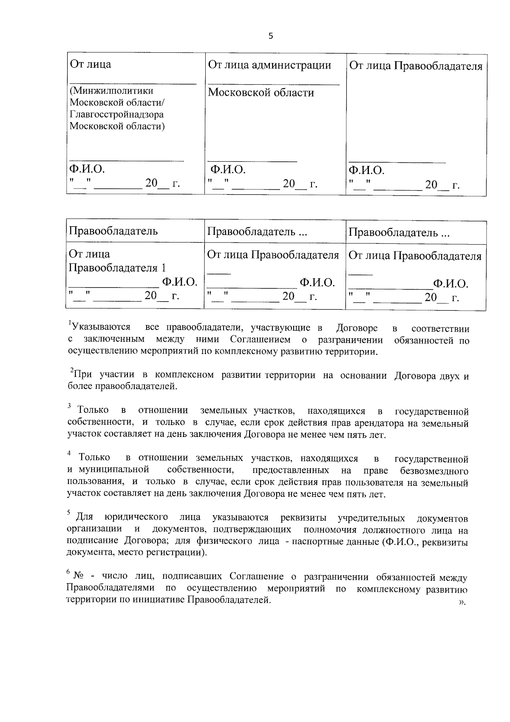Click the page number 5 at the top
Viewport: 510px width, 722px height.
coord(271,36)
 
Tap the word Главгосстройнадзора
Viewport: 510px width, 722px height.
coord(116,114)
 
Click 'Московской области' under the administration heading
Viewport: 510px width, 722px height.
coord(261,93)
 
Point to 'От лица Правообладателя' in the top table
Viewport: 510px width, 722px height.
coord(415,66)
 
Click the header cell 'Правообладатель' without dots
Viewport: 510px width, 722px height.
coord(113,231)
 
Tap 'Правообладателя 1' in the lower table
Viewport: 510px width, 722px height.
coord(117,268)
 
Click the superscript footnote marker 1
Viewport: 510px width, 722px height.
coord(70,324)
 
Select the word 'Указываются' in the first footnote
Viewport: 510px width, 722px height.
coord(101,328)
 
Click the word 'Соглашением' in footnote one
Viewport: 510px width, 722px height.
coord(261,340)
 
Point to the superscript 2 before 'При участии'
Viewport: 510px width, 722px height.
coord(71,371)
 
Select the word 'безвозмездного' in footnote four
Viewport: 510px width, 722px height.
coord(434,471)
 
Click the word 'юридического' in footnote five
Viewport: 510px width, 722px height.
coord(136,517)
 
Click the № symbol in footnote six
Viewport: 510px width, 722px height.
coord(79,576)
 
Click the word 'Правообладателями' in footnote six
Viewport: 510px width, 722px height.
coord(110,589)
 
